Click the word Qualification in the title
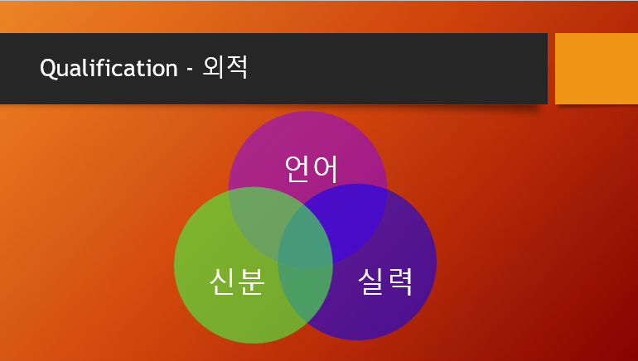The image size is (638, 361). pyautogui.click(x=109, y=68)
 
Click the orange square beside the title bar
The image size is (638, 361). pyautogui.click(x=596, y=69)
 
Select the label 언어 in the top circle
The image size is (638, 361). pyautogui.click(x=312, y=168)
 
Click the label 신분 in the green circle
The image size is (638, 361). pyautogui.click(x=237, y=282)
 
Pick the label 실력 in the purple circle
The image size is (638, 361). pyautogui.click(x=384, y=282)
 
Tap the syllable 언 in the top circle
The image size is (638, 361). pyautogui.click(x=297, y=168)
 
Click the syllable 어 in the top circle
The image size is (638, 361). pyautogui.click(x=326, y=168)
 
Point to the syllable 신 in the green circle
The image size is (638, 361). pyautogui.click(x=223, y=282)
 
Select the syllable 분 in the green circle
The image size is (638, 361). pyautogui.click(x=251, y=282)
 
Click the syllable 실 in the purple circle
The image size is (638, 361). pyautogui.click(x=370, y=282)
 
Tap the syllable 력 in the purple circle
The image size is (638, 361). pyautogui.click(x=399, y=282)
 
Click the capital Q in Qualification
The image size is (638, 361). pyautogui.click(x=47, y=68)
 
